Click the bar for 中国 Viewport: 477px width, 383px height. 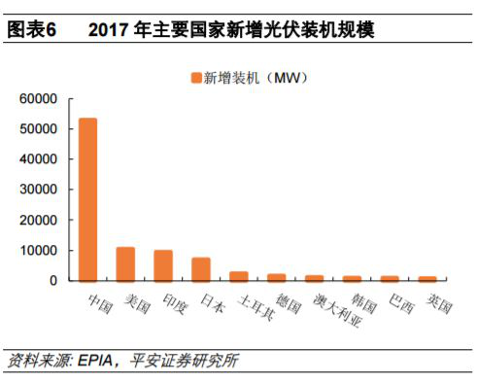(87, 199)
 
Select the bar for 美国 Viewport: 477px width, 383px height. (125, 263)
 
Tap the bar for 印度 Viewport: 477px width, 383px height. (163, 265)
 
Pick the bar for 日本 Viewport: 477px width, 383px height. (201, 269)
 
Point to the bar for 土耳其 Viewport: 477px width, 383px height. (238, 276)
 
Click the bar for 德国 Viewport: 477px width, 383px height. (276, 277)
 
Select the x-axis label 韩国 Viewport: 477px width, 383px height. (362, 302)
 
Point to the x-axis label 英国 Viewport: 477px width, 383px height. (438, 302)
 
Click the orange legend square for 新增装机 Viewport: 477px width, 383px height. (194, 77)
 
